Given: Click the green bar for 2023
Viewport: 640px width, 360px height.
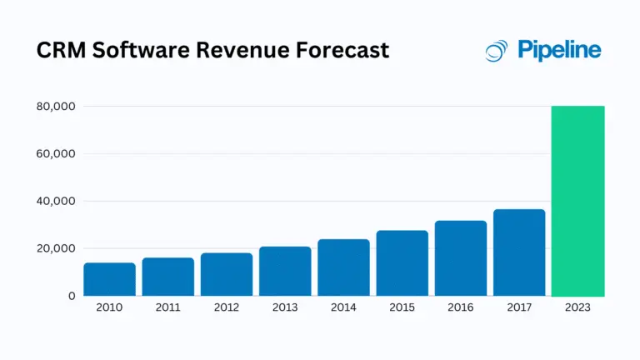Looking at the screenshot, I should click(577, 201).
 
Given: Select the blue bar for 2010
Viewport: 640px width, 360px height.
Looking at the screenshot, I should click(109, 279).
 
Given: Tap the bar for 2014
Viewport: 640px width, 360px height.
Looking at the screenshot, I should click(343, 267).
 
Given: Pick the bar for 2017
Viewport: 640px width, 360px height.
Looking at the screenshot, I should click(519, 252).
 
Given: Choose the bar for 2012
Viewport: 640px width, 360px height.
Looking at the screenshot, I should click(227, 274).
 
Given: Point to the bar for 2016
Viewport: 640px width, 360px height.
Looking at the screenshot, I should click(461, 258).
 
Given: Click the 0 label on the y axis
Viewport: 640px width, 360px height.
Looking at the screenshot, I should click(72, 296).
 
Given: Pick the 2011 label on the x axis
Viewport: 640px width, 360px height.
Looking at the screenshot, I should click(167, 307).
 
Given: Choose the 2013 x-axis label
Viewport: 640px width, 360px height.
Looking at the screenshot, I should click(285, 307).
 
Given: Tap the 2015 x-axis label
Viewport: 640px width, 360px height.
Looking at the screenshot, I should click(402, 307).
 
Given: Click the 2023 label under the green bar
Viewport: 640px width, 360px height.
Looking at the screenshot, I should click(577, 307).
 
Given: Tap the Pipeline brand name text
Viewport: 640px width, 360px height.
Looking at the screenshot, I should click(559, 51).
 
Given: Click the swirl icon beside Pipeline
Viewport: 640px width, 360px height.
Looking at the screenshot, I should click(497, 51).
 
